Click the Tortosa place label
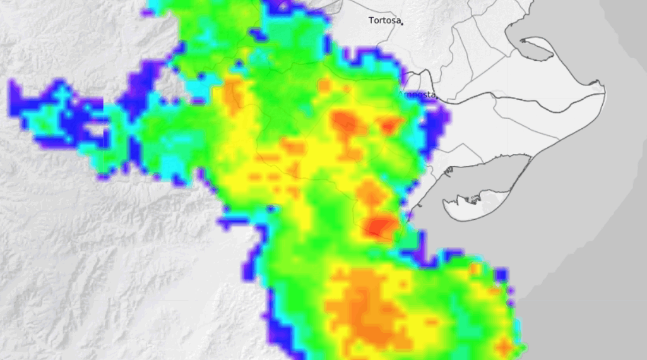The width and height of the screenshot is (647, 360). (x=384, y=20)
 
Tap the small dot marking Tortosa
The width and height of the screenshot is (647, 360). (x=402, y=23)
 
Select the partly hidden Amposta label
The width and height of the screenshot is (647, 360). (x=419, y=95)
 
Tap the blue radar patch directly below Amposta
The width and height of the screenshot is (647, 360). (x=436, y=123)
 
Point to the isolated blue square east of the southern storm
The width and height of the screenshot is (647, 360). (x=501, y=275)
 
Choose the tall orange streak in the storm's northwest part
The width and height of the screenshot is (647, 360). (x=234, y=95)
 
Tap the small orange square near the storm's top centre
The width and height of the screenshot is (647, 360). (x=324, y=85)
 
